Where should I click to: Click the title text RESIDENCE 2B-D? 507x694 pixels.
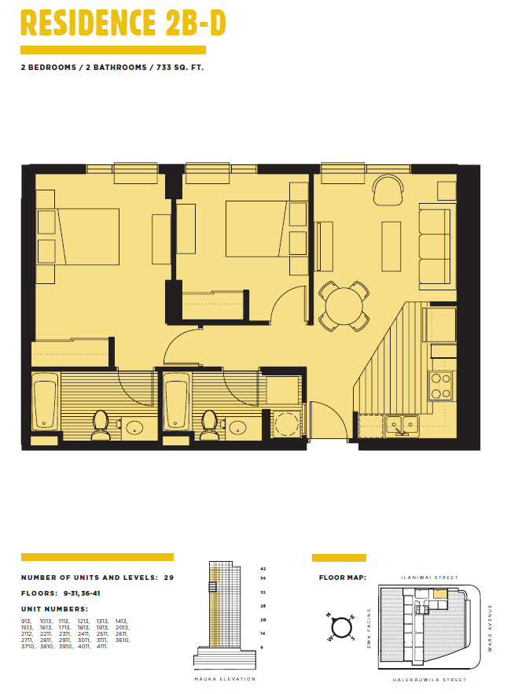[123, 24]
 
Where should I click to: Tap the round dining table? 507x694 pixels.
[344, 306]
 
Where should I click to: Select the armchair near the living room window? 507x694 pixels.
[387, 190]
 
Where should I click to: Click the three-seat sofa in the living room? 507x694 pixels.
[434, 245]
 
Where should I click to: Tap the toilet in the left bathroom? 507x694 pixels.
[100, 425]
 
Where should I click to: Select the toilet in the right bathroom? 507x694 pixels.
[209, 425]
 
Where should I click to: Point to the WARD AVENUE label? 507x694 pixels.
[490, 623]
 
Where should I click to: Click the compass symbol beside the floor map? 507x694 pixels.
[342, 627]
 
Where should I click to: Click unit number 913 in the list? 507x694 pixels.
[27, 621]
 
